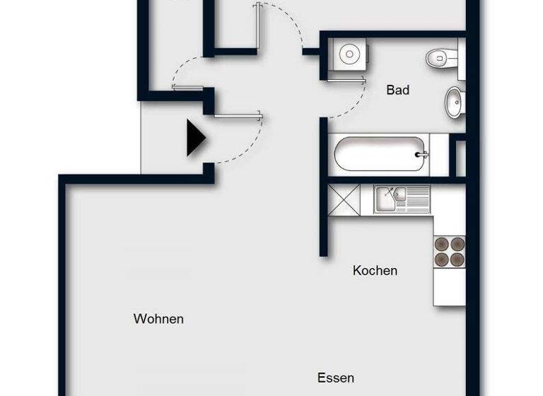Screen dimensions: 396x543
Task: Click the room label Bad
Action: [398, 91]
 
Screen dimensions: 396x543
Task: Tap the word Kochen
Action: [375, 271]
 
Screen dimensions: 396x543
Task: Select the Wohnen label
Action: [158, 319]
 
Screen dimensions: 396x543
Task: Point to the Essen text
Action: [335, 378]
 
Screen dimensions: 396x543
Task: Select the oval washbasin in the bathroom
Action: [454, 102]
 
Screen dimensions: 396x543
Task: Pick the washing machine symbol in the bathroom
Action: [348, 54]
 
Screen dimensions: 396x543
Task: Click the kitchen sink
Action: [387, 199]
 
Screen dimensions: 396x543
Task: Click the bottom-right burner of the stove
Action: [457, 259]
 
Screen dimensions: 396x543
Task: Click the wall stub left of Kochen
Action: [324, 212]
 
